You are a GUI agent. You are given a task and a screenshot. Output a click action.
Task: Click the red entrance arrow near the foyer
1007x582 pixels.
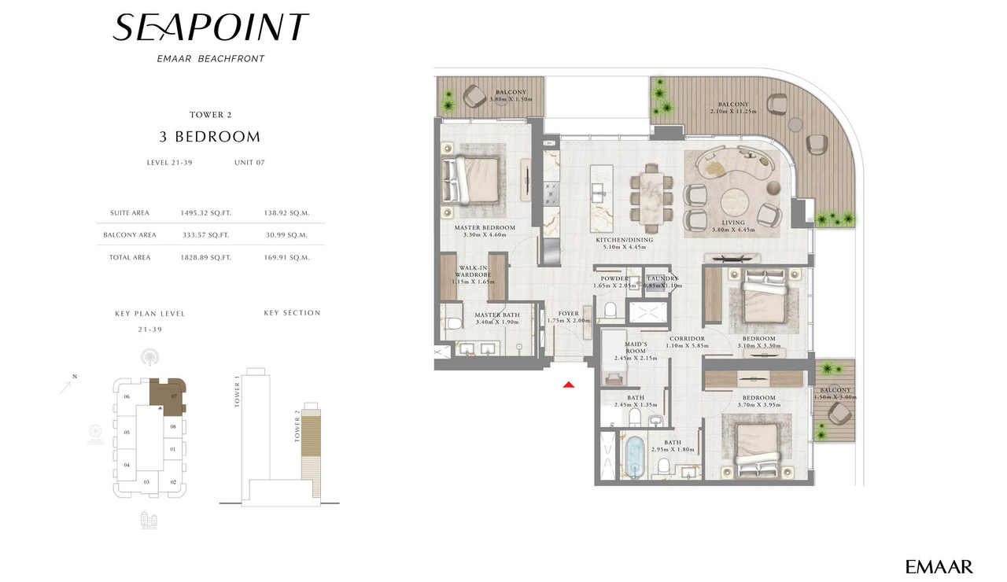tap(569, 384)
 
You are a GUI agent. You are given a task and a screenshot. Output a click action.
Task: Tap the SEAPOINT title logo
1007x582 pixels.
tap(210, 28)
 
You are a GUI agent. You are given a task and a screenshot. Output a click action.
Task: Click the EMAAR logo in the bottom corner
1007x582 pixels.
tap(939, 566)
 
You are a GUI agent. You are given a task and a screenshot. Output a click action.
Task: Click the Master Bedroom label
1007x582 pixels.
tap(485, 228)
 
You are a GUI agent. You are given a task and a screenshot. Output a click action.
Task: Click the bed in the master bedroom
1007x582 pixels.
tap(470, 179)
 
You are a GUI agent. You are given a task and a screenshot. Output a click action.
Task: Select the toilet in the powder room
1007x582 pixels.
tap(610, 311)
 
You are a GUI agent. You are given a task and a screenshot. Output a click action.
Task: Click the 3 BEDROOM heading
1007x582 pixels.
tap(209, 137)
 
